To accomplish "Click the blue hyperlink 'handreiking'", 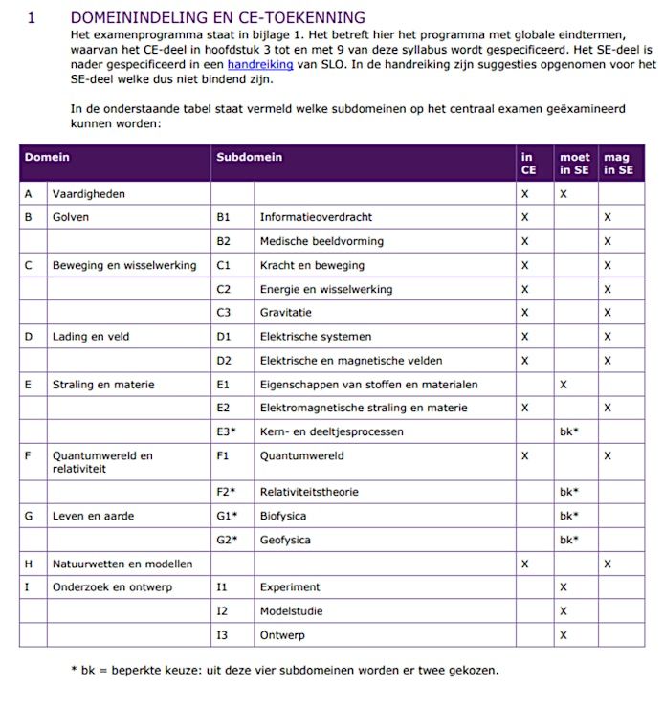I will [x=260, y=65].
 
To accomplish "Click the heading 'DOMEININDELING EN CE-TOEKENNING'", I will [x=217, y=17].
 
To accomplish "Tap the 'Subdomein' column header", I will [x=249, y=157].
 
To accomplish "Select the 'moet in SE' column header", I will [x=575, y=164].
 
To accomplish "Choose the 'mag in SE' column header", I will [x=618, y=164].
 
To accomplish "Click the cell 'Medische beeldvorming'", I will [x=321, y=241].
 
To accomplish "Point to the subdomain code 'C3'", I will [x=224, y=313].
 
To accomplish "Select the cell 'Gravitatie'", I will [x=286, y=313].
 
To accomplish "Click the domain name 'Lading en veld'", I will [x=91, y=337].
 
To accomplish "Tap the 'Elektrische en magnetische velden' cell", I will [x=351, y=361].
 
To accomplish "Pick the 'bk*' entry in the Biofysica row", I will [x=569, y=516].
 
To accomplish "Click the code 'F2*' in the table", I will [x=226, y=492].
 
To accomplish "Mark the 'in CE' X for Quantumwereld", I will [x=524, y=456].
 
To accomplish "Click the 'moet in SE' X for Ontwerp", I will [x=564, y=635].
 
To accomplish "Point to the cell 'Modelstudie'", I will [x=291, y=611].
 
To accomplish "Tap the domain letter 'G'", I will [x=29, y=516].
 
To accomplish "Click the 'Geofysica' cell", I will [x=285, y=540].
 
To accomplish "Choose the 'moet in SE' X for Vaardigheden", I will [x=564, y=194].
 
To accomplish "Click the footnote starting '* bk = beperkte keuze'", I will [x=284, y=670].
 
